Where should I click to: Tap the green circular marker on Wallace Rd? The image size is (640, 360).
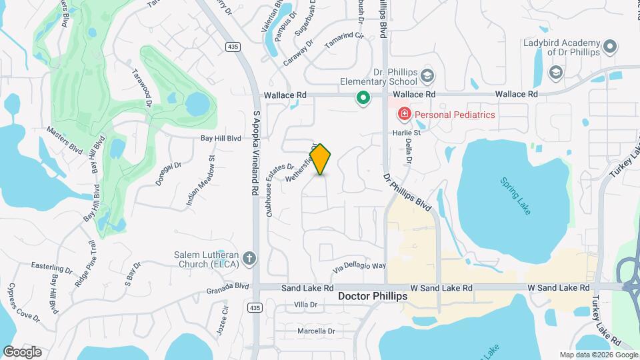coord(363,99)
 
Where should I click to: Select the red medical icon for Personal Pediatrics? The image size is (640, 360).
coord(403,115)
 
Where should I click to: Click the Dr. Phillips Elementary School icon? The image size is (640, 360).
coord(427,75)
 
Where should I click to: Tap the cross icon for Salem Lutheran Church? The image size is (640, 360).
coord(249,258)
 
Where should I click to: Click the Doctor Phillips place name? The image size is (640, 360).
coord(372,296)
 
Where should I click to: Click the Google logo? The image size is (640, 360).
coord(22,352)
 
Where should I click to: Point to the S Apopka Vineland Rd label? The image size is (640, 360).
coord(255,153)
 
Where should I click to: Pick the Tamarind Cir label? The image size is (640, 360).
coord(343,39)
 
